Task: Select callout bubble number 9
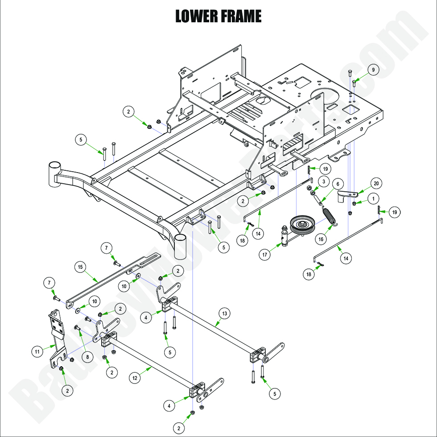coord(374,70)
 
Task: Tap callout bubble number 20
coord(376,184)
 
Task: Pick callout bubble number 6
coord(338,184)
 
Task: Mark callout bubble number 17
coord(265,255)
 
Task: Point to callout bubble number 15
coord(80,267)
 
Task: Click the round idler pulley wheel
coord(303,224)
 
